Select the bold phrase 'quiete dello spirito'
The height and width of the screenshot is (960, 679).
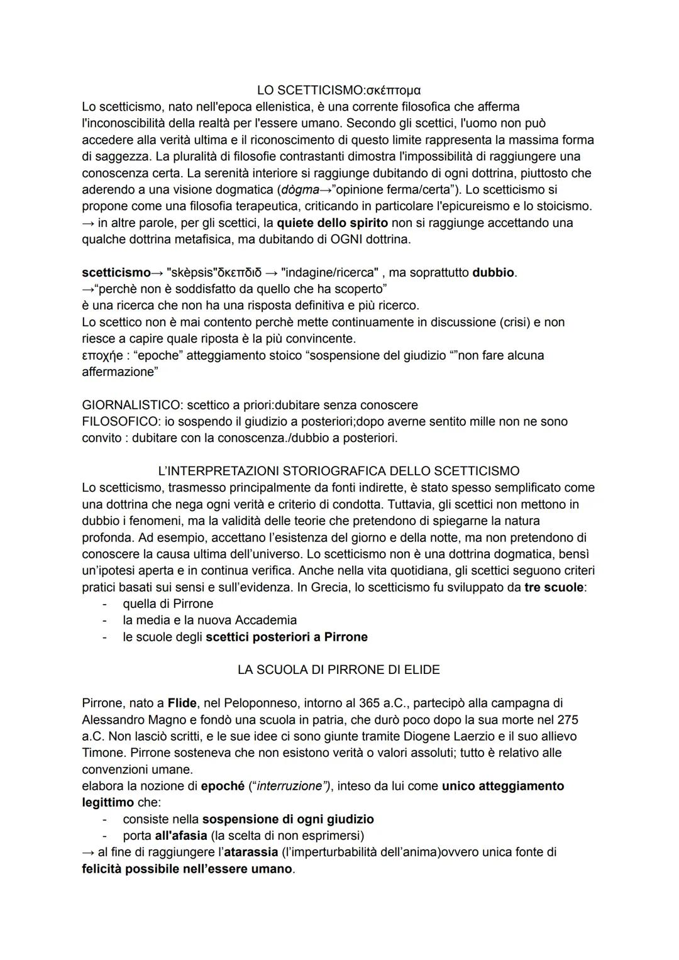(x=332, y=223)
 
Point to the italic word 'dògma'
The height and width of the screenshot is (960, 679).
(x=300, y=190)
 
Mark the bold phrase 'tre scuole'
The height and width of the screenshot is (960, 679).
(x=553, y=588)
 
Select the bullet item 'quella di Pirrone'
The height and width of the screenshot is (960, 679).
(x=168, y=604)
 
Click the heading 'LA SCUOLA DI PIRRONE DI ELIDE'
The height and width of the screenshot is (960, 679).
(x=338, y=670)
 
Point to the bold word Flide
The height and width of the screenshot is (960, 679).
(x=182, y=703)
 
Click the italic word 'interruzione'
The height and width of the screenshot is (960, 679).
(x=290, y=786)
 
